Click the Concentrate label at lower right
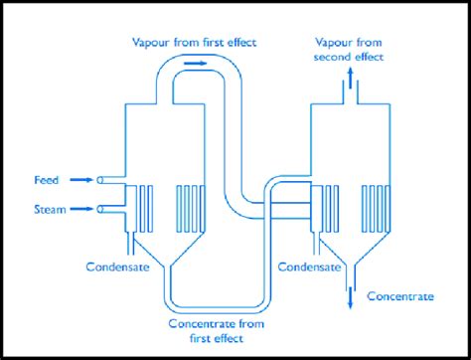tap(400, 296)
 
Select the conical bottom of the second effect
tap(348, 252)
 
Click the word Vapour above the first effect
tap(150, 43)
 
